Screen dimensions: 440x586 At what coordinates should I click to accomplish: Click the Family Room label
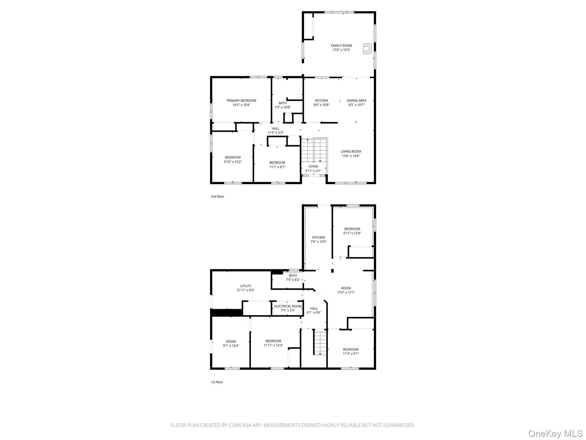341,46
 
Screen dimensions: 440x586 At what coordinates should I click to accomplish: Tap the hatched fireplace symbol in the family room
367,48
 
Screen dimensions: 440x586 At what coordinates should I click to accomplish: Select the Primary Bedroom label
241,101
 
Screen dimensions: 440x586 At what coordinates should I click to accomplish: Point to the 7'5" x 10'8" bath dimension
282,107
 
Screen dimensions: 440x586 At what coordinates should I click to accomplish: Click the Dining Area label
356,101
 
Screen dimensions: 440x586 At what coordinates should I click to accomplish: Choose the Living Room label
351,152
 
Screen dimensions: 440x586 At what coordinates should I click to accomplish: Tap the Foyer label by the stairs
313,166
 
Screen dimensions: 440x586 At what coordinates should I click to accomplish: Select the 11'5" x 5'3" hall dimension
275,133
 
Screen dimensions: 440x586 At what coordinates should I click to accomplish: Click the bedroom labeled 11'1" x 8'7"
277,165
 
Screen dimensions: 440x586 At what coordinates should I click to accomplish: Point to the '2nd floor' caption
217,197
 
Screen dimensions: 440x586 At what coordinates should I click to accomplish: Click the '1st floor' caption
217,382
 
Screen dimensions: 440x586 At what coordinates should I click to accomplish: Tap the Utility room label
246,286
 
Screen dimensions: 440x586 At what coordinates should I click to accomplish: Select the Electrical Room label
288,306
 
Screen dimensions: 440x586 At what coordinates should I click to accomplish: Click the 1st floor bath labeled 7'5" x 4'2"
293,278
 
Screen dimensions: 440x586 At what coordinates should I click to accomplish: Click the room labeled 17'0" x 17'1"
346,290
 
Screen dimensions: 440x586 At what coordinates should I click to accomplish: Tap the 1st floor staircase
320,343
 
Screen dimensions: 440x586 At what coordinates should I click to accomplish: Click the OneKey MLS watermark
555,433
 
